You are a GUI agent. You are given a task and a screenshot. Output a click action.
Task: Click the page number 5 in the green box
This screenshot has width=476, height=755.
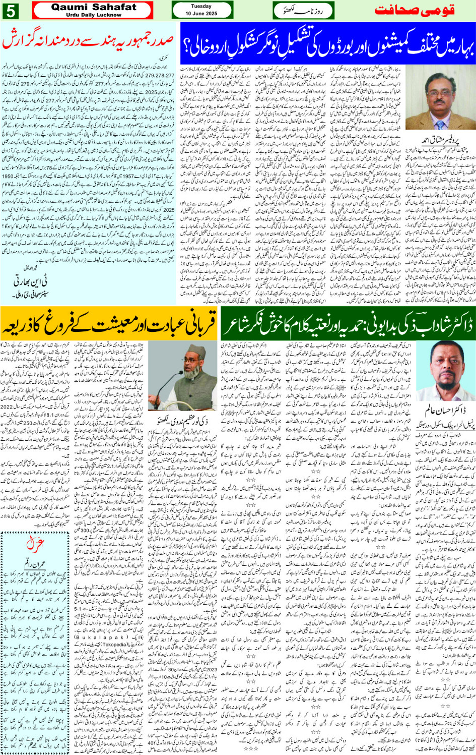[x=11, y=11]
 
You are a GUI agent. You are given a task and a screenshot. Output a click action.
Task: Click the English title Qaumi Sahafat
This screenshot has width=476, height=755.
[x=94, y=7]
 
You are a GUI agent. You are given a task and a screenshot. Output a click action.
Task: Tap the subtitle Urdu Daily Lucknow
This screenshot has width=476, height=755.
[x=94, y=15]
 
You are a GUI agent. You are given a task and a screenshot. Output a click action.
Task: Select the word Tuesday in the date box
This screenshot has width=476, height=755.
[x=201, y=7]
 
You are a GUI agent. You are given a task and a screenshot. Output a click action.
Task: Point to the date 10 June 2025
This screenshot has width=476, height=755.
[x=201, y=14]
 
